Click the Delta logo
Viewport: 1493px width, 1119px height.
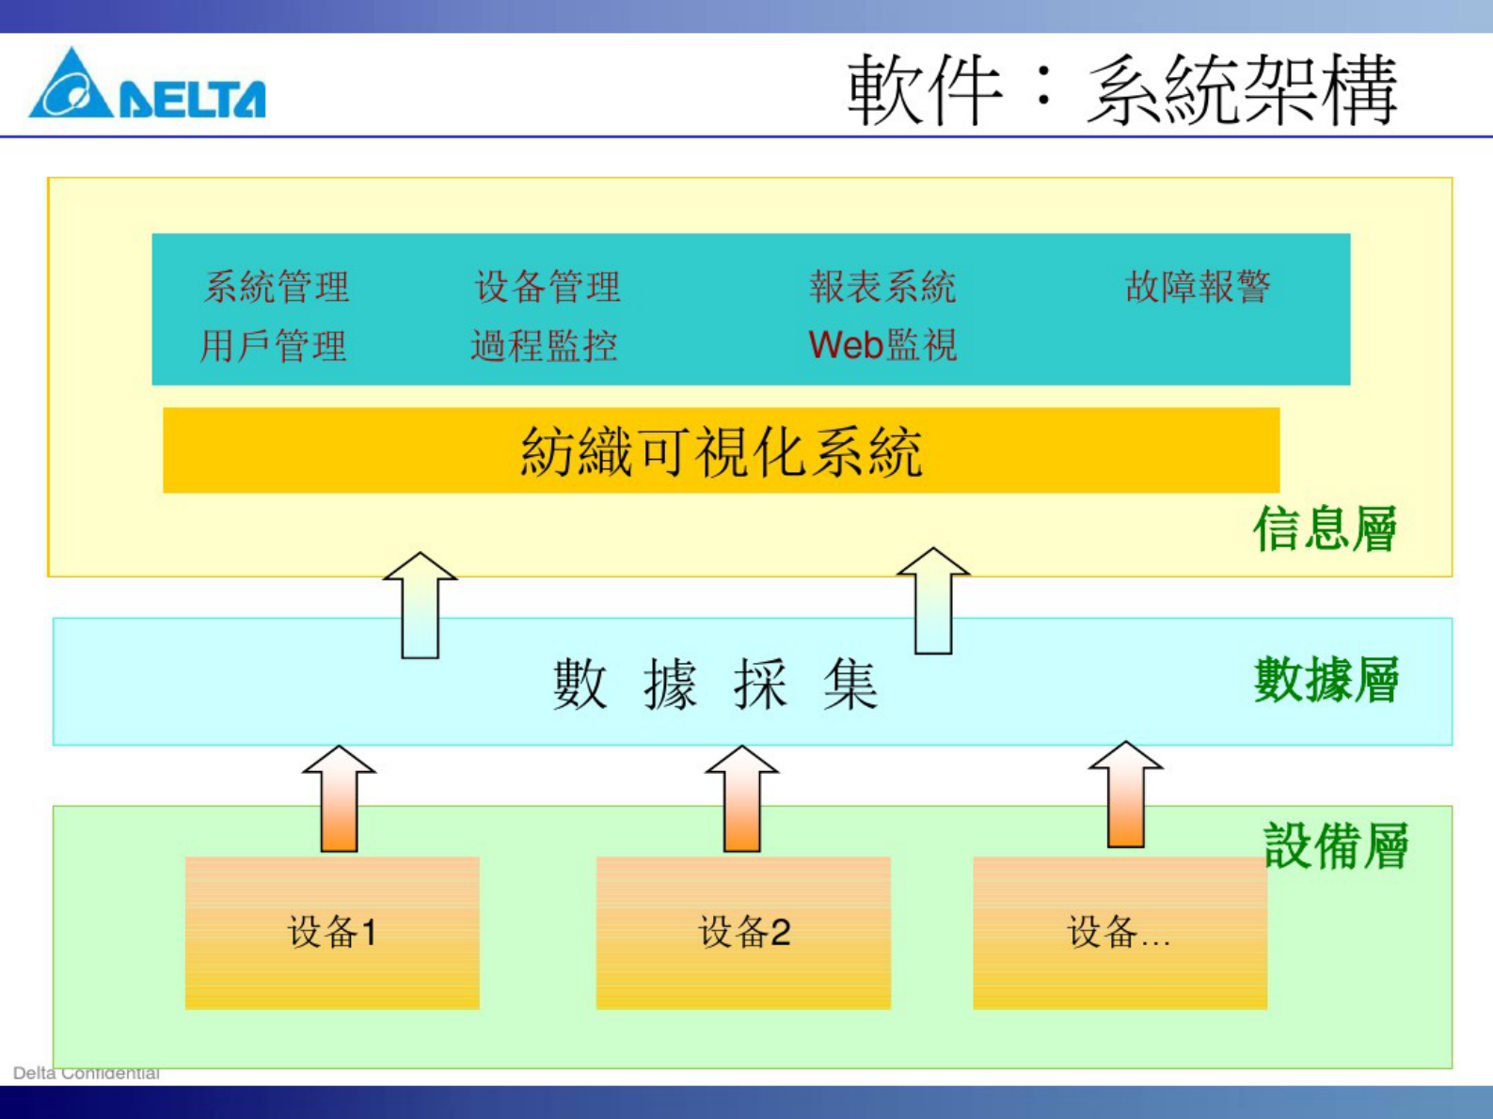[x=147, y=86]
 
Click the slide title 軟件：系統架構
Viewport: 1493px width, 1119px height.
[x=1121, y=90]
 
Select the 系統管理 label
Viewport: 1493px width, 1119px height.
[x=277, y=287]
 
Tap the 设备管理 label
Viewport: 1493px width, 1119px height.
[x=548, y=287]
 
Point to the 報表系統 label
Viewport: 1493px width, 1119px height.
[x=882, y=287]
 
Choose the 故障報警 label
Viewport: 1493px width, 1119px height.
[x=1198, y=287]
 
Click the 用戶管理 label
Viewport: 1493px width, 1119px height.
[x=274, y=346]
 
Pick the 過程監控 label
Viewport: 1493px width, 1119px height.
[x=544, y=346]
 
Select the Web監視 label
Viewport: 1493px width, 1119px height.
[x=882, y=346]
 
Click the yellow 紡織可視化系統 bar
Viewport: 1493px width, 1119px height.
[x=721, y=450]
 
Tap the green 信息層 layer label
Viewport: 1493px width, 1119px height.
[x=1325, y=528]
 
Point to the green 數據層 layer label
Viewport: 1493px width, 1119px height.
[x=1326, y=680]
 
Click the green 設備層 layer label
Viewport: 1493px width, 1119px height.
[x=1336, y=846]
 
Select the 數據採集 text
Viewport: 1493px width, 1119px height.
[x=715, y=684]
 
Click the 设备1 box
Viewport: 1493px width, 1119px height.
[x=332, y=933]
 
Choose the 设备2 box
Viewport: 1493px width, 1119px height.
[x=743, y=933]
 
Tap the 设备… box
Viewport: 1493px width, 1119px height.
[x=1120, y=933]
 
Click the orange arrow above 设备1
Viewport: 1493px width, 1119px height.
[x=339, y=799]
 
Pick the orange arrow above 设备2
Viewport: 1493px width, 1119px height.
[x=741, y=799]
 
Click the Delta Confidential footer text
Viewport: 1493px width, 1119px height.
[x=86, y=1073]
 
